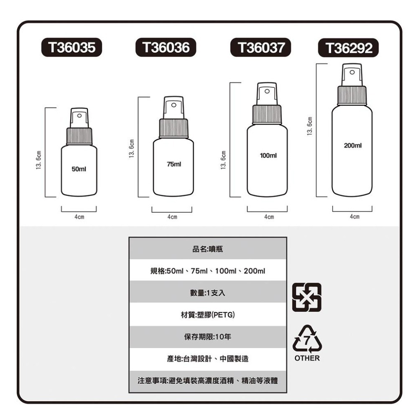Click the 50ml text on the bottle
pos(79,169)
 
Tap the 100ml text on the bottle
pos(268,155)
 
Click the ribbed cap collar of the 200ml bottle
pos(352,95)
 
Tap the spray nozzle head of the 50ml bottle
pos(79,117)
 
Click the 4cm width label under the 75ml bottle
pos(172,217)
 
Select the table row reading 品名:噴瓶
pos(208,249)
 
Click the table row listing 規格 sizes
pos(208,271)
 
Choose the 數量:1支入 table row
pos(208,293)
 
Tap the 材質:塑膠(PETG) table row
pos(208,315)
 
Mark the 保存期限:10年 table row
pos(208,337)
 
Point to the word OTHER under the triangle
pos(307,359)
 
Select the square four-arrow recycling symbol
pos(307,297)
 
